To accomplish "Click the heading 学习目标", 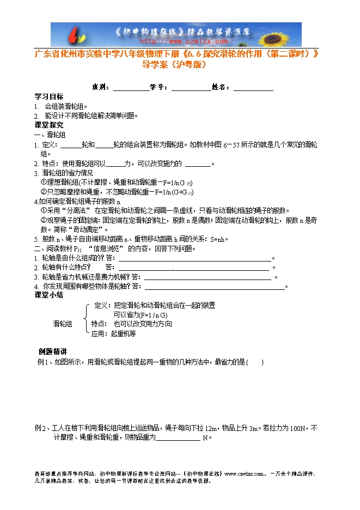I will tap(49, 96).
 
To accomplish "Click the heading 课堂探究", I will tap(49, 125).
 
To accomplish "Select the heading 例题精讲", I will tap(53, 351).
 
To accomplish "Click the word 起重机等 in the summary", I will tap(123, 333).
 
